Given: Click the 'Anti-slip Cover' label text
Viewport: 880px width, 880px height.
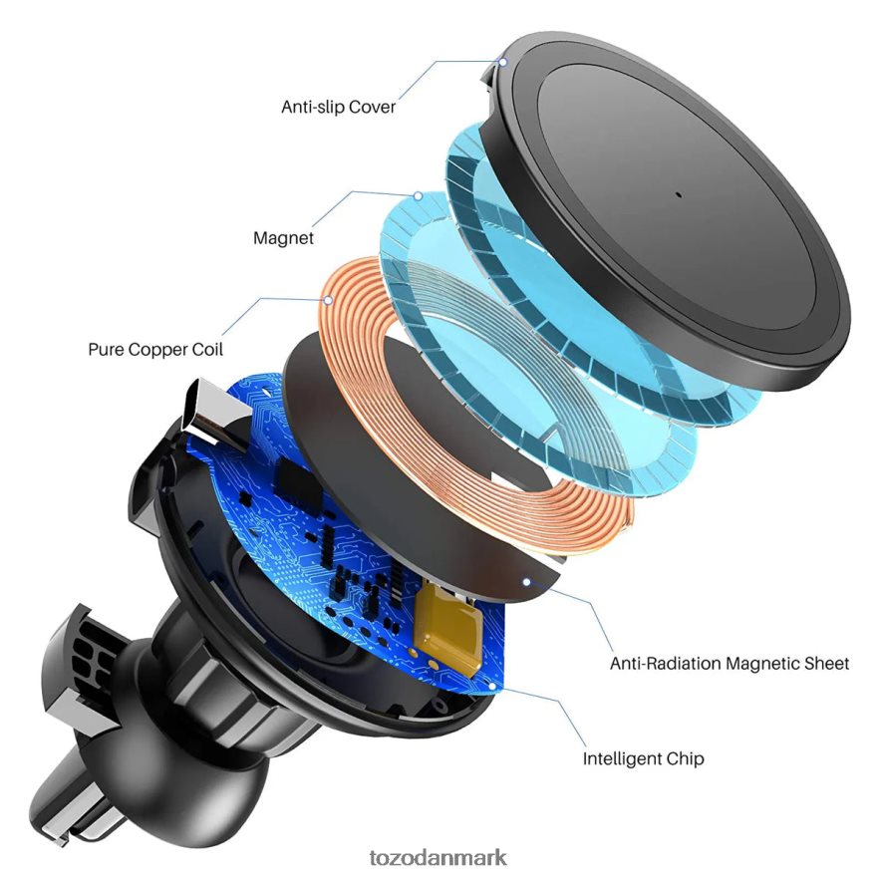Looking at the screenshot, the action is point(339,107).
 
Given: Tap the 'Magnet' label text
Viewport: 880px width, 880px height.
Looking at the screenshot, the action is point(283,238).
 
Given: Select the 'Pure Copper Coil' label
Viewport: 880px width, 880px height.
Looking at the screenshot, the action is point(155,350).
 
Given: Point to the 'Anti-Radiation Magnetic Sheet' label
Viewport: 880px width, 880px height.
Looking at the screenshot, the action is point(730,664).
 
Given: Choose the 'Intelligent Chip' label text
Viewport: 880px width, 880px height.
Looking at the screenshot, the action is point(643,758).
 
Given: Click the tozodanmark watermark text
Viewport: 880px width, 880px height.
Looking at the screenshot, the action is point(438,857).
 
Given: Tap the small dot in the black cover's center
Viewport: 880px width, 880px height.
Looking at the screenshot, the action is point(678,195).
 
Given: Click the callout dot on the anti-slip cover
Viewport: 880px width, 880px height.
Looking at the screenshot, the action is point(503,63).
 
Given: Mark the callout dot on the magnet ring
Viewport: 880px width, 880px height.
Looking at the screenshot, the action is point(419,196).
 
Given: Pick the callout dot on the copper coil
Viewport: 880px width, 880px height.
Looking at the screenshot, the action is point(328,300).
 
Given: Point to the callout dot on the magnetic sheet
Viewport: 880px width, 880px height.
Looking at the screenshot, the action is point(526,582).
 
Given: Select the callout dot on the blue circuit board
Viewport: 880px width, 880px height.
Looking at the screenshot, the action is point(492,686).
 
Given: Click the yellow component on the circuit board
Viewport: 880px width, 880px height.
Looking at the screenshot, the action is point(447,629).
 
